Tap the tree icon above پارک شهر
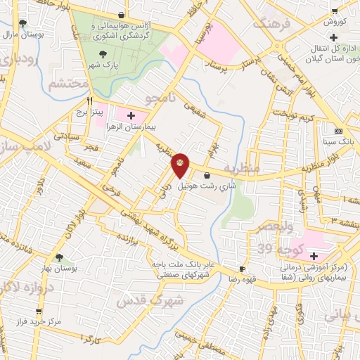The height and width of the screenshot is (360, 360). (103, 53)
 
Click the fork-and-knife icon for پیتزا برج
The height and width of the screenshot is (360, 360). (89, 100)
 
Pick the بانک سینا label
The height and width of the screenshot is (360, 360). (339, 142)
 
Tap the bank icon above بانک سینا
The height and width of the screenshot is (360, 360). (339, 131)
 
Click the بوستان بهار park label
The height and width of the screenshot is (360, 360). (58, 269)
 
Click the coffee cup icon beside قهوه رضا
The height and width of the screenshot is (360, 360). (243, 269)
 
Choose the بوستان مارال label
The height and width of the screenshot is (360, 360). (23, 34)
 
